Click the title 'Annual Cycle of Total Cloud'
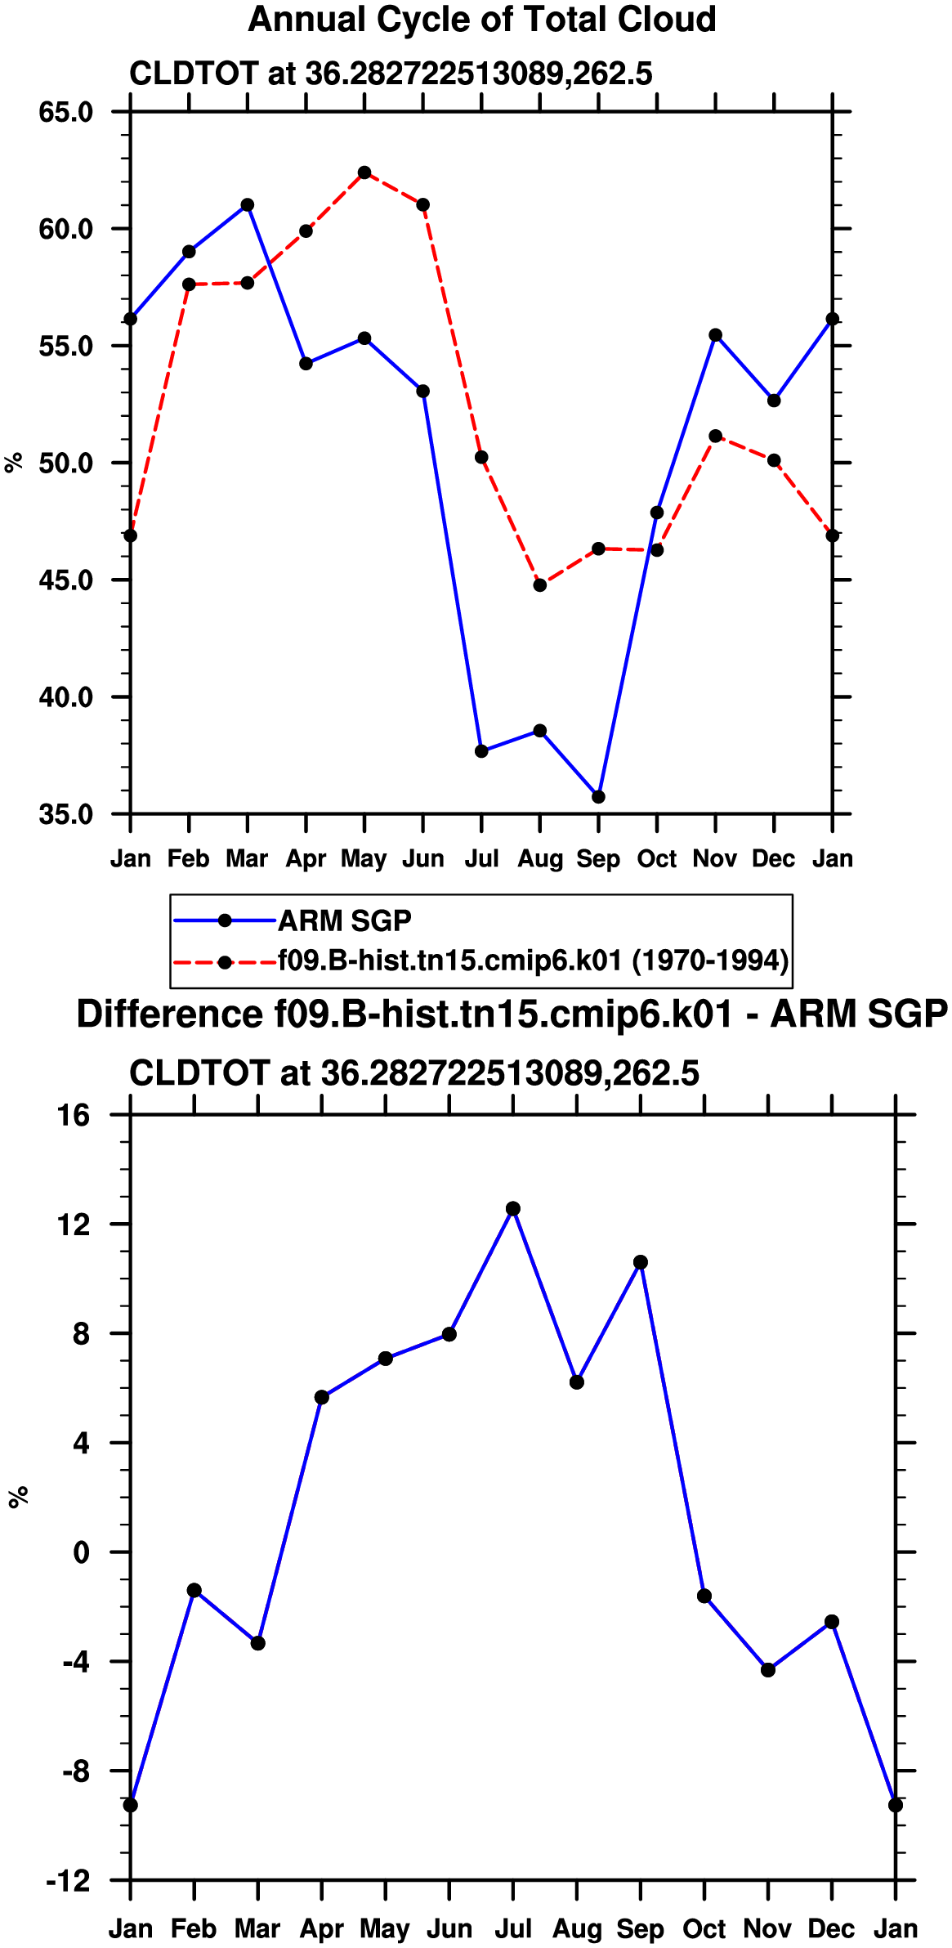point(482,20)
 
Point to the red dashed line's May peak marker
point(364,172)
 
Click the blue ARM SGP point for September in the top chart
point(598,797)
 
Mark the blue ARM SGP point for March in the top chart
point(248,205)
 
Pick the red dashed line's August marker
point(539,585)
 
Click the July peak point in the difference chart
point(513,1209)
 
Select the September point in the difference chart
point(641,1262)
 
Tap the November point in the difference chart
point(768,1670)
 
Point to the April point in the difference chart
point(322,1397)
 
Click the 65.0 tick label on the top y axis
point(66,112)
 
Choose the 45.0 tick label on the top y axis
point(66,580)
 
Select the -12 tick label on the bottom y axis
point(68,1881)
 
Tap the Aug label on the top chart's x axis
point(540,859)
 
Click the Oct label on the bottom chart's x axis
point(704,1928)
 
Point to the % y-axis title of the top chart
point(14,463)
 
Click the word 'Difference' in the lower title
point(170,1014)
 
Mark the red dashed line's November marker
point(715,437)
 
